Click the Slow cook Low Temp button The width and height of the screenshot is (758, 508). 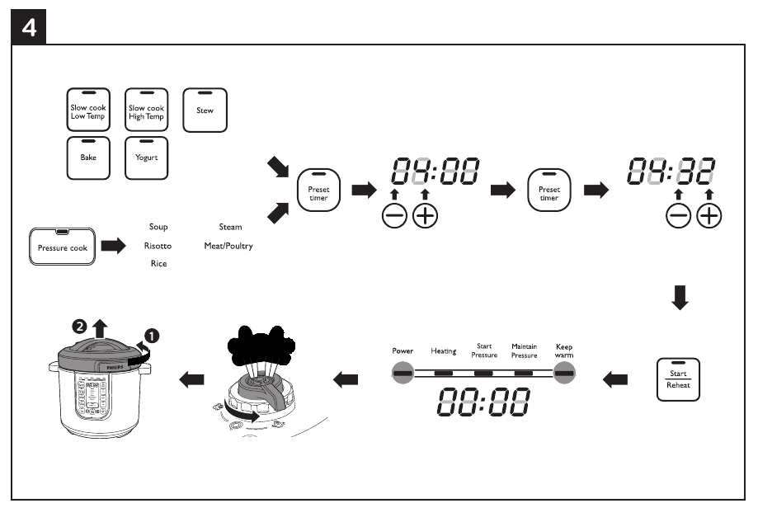pyautogui.click(x=87, y=111)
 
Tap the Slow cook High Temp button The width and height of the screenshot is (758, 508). pyautogui.click(x=146, y=111)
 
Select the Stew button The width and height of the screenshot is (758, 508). pyautogui.click(x=204, y=110)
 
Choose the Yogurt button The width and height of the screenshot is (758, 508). pyautogui.click(x=146, y=158)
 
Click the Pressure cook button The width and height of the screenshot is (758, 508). pyautogui.click(x=63, y=247)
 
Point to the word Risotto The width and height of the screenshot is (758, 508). pyautogui.click(x=158, y=246)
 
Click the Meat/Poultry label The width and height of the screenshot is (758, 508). pyautogui.click(x=228, y=246)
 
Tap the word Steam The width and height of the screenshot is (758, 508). pyautogui.click(x=230, y=226)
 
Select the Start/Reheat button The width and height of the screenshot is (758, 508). pyautogui.click(x=678, y=379)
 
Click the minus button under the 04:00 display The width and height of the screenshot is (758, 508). pyautogui.click(x=394, y=216)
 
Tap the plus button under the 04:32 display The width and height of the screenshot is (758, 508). pyautogui.click(x=709, y=216)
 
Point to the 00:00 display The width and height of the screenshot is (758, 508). pyautogui.click(x=483, y=402)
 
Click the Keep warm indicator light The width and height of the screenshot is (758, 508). pyautogui.click(x=564, y=373)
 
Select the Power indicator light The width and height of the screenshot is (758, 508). pyautogui.click(x=403, y=373)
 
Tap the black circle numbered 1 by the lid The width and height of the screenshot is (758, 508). pyautogui.click(x=152, y=336)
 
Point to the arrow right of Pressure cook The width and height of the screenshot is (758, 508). pyautogui.click(x=114, y=246)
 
